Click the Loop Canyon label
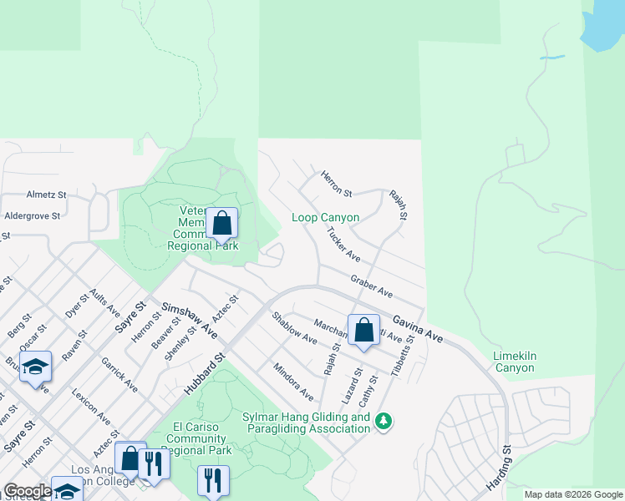[x=325, y=218]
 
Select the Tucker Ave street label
[x=343, y=245]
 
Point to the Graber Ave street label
[x=372, y=286]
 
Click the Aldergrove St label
[x=33, y=215]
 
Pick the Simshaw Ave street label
[x=190, y=321]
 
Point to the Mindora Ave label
[x=293, y=381]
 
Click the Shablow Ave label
[x=294, y=328]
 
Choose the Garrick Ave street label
[x=119, y=376]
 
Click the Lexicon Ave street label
[x=90, y=407]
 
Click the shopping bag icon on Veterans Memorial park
[x=221, y=224]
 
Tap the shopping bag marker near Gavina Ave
[x=363, y=330]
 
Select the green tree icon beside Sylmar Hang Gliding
[x=384, y=420]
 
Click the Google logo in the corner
[x=28, y=491]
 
